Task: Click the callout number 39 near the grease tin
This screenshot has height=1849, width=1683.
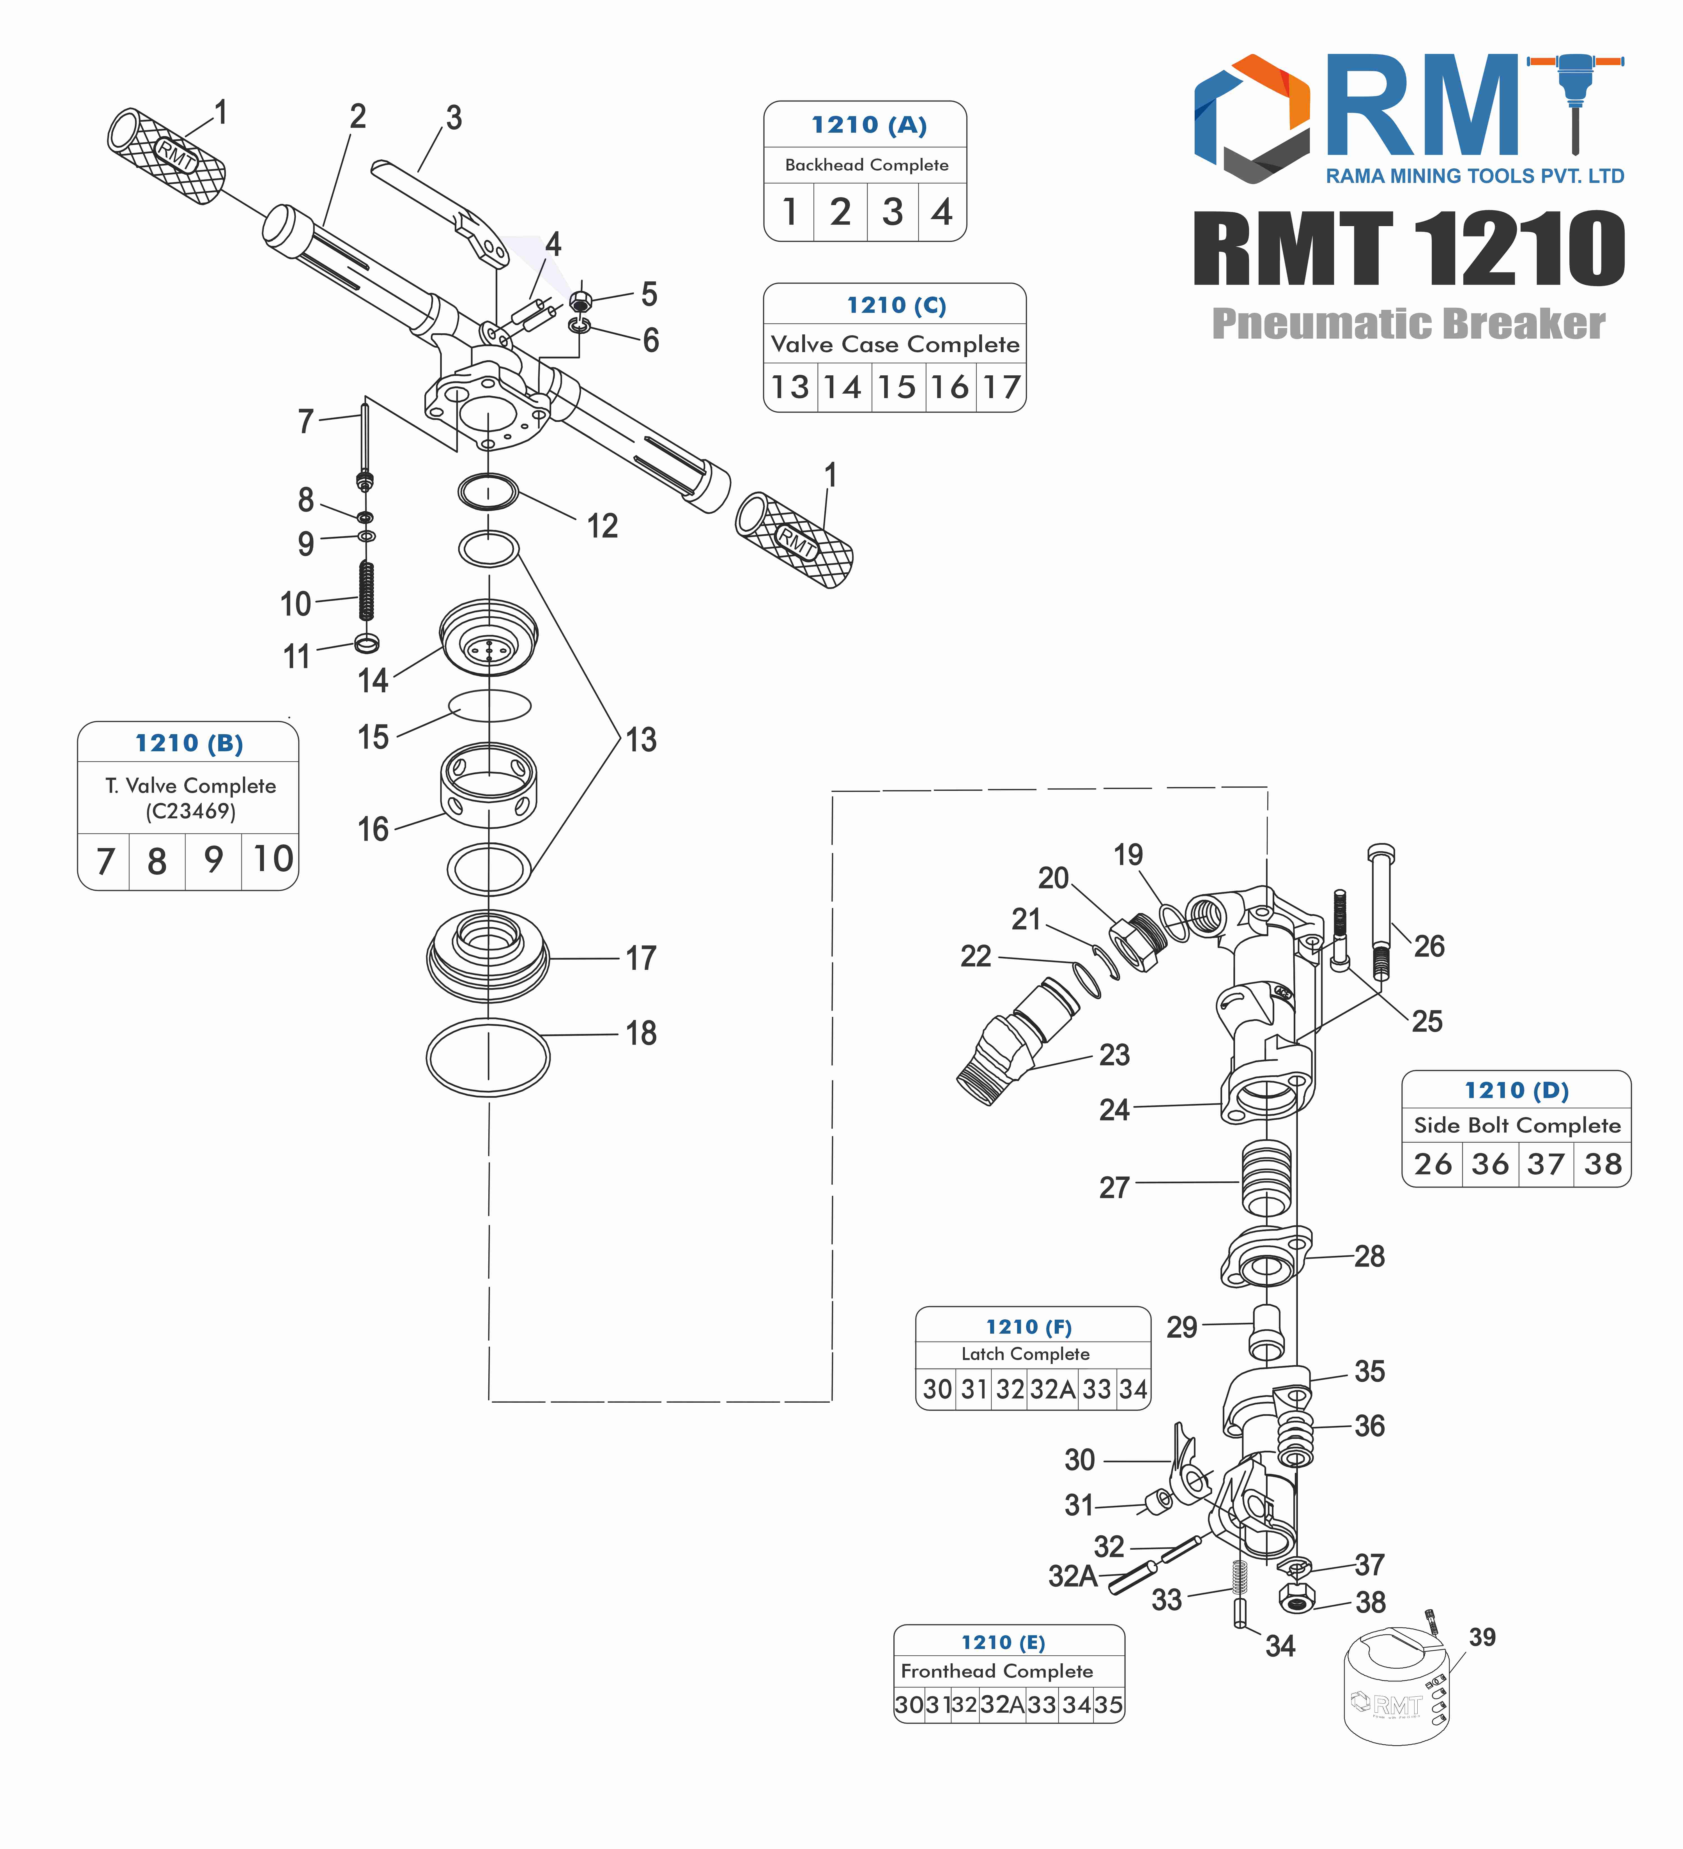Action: coord(1482,1637)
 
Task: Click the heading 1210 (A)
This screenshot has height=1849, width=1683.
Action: coord(868,125)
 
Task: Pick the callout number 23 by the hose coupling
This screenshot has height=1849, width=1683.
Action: coord(1114,1055)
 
